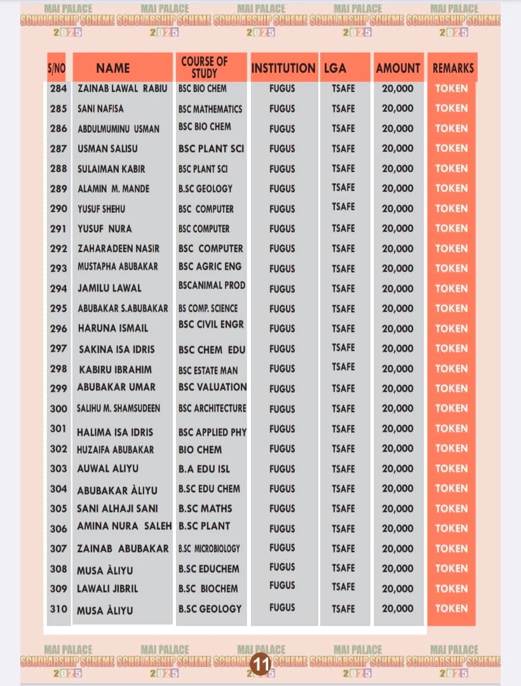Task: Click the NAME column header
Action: pyautogui.click(x=113, y=68)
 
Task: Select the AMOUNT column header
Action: pyautogui.click(x=398, y=68)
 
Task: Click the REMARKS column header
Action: pyautogui.click(x=453, y=68)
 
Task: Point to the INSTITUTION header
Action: pyautogui.click(x=283, y=68)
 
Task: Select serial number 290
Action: pyautogui.click(x=58, y=209)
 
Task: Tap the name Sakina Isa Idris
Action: pyautogui.click(x=116, y=349)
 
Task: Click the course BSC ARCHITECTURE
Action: pyautogui.click(x=212, y=408)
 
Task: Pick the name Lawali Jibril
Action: pyautogui.click(x=107, y=589)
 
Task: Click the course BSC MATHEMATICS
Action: pyautogui.click(x=210, y=109)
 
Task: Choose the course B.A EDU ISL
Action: pyautogui.click(x=204, y=469)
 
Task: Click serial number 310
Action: pyautogui.click(x=58, y=609)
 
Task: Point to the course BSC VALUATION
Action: pyautogui.click(x=212, y=387)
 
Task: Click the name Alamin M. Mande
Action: pyautogui.click(x=114, y=189)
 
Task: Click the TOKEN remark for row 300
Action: pyautogui.click(x=452, y=408)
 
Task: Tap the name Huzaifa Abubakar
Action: pyautogui.click(x=116, y=450)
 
